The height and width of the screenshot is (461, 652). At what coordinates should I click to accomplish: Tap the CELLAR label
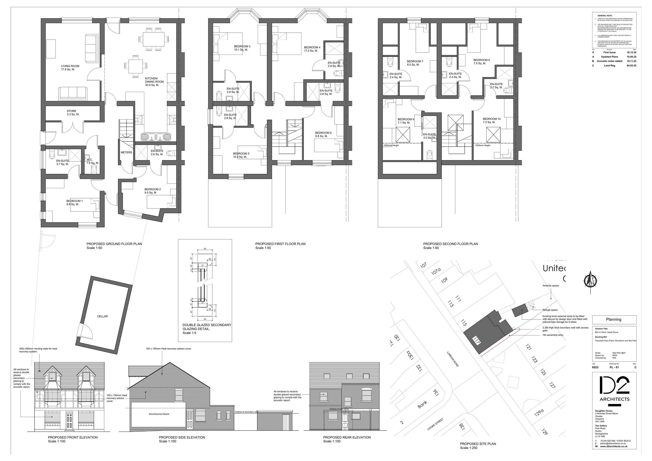(x=102, y=316)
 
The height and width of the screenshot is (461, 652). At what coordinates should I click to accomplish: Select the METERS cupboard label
(x=126, y=152)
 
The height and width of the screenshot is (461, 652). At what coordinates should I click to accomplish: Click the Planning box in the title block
(x=614, y=319)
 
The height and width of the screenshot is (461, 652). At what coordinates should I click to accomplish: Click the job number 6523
(x=595, y=367)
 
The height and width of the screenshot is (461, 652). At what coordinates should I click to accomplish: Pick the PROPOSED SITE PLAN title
(x=478, y=444)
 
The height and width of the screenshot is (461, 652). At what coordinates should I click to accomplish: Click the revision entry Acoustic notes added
(x=609, y=61)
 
